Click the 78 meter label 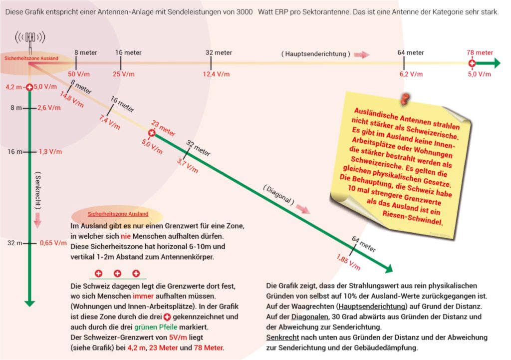[480, 52]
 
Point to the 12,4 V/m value [216, 74]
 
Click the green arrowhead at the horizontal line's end [495, 63]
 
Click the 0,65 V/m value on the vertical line [53, 243]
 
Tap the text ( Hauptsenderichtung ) [315, 53]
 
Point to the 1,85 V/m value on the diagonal [348, 262]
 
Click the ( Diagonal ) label [278, 194]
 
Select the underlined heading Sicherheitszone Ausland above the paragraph [118, 214]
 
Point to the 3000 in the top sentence [242, 11]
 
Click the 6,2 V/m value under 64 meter [411, 74]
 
